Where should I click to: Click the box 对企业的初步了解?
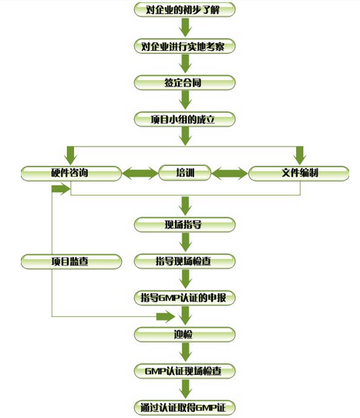point(185,10)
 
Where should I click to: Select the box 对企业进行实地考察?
point(185,46)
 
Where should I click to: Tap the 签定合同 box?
point(185,83)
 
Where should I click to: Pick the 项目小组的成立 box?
point(185,120)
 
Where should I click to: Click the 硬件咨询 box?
point(71,174)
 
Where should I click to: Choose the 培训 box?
point(185,173)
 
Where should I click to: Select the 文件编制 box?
point(298,174)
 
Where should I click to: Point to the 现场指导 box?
point(185,224)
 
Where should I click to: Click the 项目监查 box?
point(71,261)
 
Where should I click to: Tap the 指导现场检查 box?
point(185,261)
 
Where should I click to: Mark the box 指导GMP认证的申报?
point(185,298)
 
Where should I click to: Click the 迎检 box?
point(185,334)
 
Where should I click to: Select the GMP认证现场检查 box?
point(185,371)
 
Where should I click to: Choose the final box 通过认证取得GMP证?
point(185,408)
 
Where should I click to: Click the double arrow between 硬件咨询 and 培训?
point(140,174)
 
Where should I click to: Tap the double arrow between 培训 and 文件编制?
point(230,174)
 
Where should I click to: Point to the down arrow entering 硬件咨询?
point(71,156)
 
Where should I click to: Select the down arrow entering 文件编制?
point(300,156)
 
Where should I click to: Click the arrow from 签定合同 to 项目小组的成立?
point(186,100)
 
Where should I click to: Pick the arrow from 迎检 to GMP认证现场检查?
point(186,352)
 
